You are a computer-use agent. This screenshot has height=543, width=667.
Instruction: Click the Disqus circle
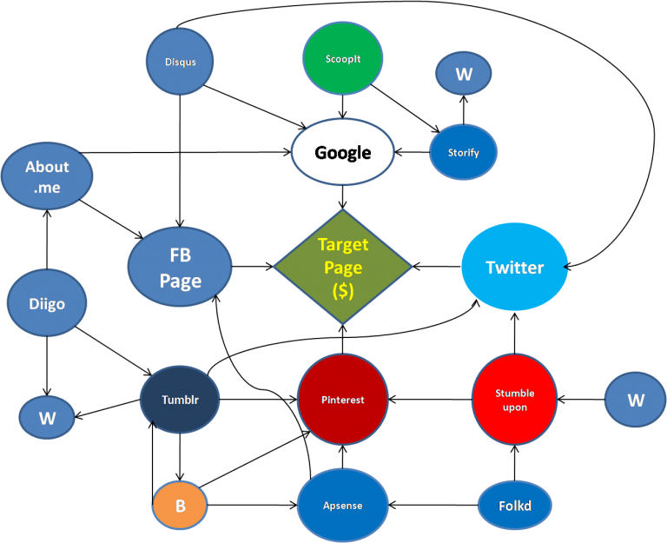pyautogui.click(x=180, y=62)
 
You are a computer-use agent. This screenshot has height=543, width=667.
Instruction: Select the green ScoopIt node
pyautogui.click(x=343, y=59)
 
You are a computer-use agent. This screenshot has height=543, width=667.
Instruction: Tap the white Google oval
pyautogui.click(x=342, y=153)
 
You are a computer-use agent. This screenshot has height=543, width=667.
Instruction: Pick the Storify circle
pyautogui.click(x=463, y=153)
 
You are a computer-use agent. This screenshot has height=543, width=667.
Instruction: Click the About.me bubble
pyautogui.click(x=47, y=176)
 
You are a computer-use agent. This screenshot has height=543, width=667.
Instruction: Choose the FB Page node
pyautogui.click(x=180, y=268)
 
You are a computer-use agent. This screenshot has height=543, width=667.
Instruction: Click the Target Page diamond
pyautogui.click(x=343, y=268)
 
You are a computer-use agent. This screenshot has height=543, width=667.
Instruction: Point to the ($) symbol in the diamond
pyautogui.click(x=343, y=292)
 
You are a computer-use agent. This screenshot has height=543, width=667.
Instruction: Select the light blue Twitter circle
pyautogui.click(x=514, y=267)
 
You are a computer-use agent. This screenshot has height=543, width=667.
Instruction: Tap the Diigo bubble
pyautogui.click(x=48, y=304)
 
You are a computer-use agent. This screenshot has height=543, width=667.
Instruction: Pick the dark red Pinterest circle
pyautogui.click(x=342, y=400)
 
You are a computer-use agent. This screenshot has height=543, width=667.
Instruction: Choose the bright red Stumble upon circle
pyautogui.click(x=514, y=400)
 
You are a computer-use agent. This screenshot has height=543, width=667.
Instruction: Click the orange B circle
pyautogui.click(x=180, y=506)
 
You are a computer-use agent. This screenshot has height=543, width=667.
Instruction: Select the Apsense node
pyautogui.click(x=342, y=506)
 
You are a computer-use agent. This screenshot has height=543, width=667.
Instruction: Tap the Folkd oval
pyautogui.click(x=515, y=506)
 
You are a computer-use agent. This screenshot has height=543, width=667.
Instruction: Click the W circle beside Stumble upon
pyautogui.click(x=636, y=400)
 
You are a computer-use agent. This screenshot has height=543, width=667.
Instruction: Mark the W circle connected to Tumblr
pyautogui.click(x=47, y=418)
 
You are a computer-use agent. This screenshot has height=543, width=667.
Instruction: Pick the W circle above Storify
pyautogui.click(x=464, y=74)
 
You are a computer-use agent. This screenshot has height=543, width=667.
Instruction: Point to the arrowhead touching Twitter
pyautogui.click(x=567, y=267)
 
